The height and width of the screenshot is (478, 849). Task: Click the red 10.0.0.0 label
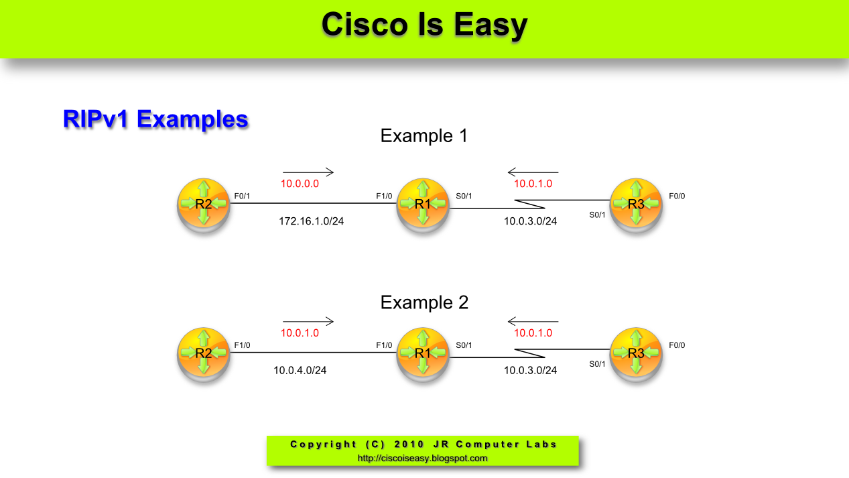tap(300, 184)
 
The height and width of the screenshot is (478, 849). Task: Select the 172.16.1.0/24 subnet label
tap(311, 221)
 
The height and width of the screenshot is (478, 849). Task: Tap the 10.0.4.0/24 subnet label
tap(300, 369)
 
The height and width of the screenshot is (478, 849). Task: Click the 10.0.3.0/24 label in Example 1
tap(530, 221)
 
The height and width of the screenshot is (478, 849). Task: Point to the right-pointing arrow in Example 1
tap(308, 172)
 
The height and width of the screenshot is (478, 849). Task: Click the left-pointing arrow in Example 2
tap(533, 322)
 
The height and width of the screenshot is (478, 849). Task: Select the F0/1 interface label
tap(242, 196)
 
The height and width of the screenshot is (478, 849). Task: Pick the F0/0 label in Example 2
tap(677, 345)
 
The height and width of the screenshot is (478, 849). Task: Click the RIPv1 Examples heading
tap(155, 119)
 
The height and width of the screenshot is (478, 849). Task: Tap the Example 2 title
tap(424, 302)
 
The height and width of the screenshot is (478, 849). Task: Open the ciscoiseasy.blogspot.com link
tap(422, 459)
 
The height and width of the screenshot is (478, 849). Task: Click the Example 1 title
tap(423, 136)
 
